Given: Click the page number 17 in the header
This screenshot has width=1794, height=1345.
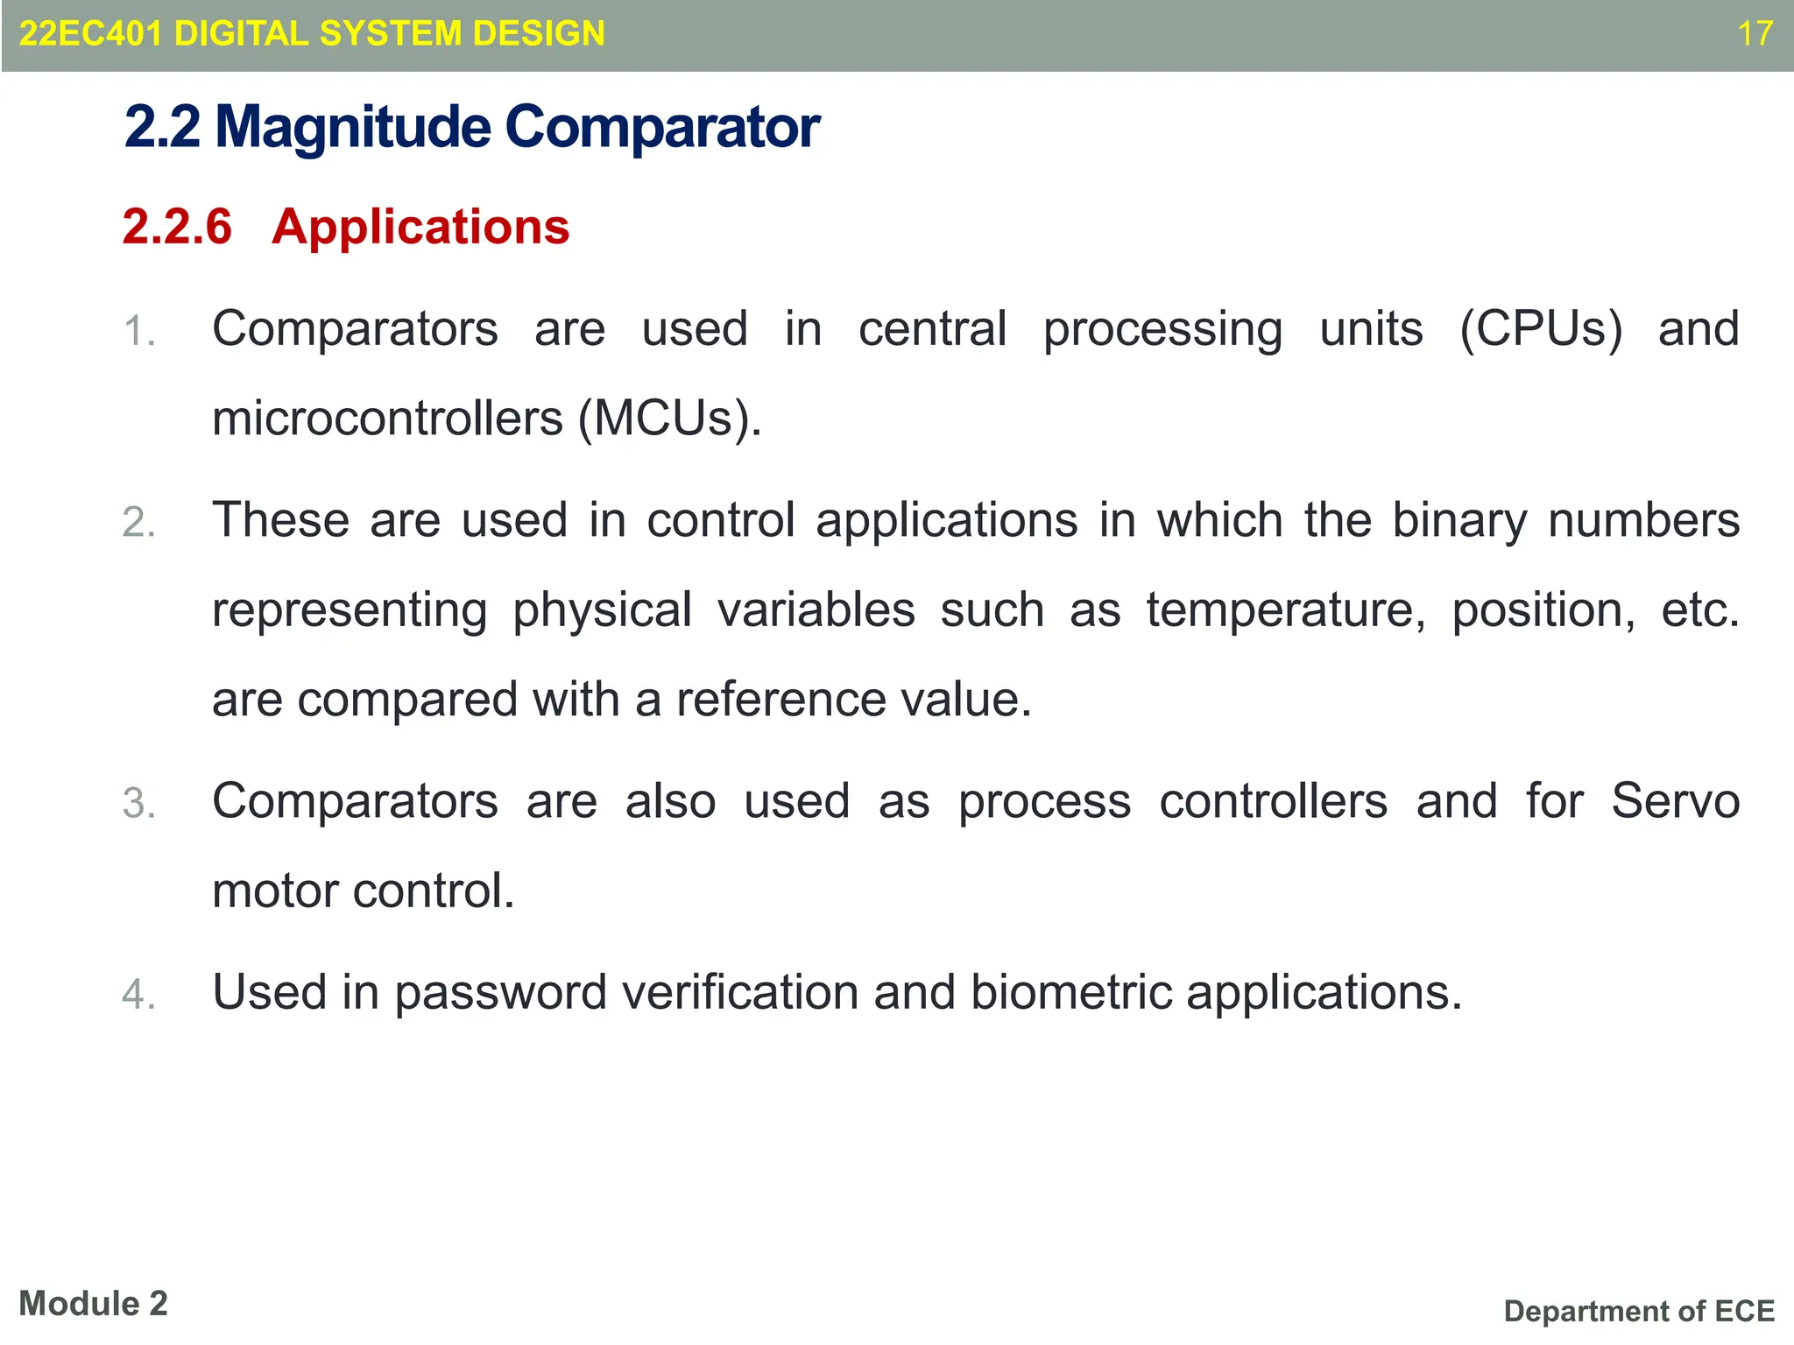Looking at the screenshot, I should click(x=1755, y=34).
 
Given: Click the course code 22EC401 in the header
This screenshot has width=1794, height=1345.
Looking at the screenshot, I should click(x=91, y=34).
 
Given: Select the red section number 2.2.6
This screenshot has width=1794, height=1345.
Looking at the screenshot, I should click(x=177, y=227).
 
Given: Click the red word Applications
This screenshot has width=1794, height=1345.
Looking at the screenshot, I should click(x=420, y=227).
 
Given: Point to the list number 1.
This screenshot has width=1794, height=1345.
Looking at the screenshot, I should click(x=139, y=332).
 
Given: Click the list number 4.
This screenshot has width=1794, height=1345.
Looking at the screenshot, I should click(x=139, y=995).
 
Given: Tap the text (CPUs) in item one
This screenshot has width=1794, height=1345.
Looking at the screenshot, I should click(x=1541, y=330).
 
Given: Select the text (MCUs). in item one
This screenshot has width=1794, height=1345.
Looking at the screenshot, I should click(x=670, y=419).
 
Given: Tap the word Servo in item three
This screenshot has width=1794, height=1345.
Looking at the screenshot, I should click(x=1675, y=801).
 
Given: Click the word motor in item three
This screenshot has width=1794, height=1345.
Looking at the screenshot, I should click(x=275, y=891).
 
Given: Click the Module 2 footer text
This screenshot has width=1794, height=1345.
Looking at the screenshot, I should click(x=93, y=1304).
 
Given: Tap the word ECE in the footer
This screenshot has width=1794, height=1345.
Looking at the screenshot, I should click(x=1744, y=1311).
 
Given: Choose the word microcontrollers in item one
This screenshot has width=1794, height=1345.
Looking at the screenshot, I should click(x=387, y=419).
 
